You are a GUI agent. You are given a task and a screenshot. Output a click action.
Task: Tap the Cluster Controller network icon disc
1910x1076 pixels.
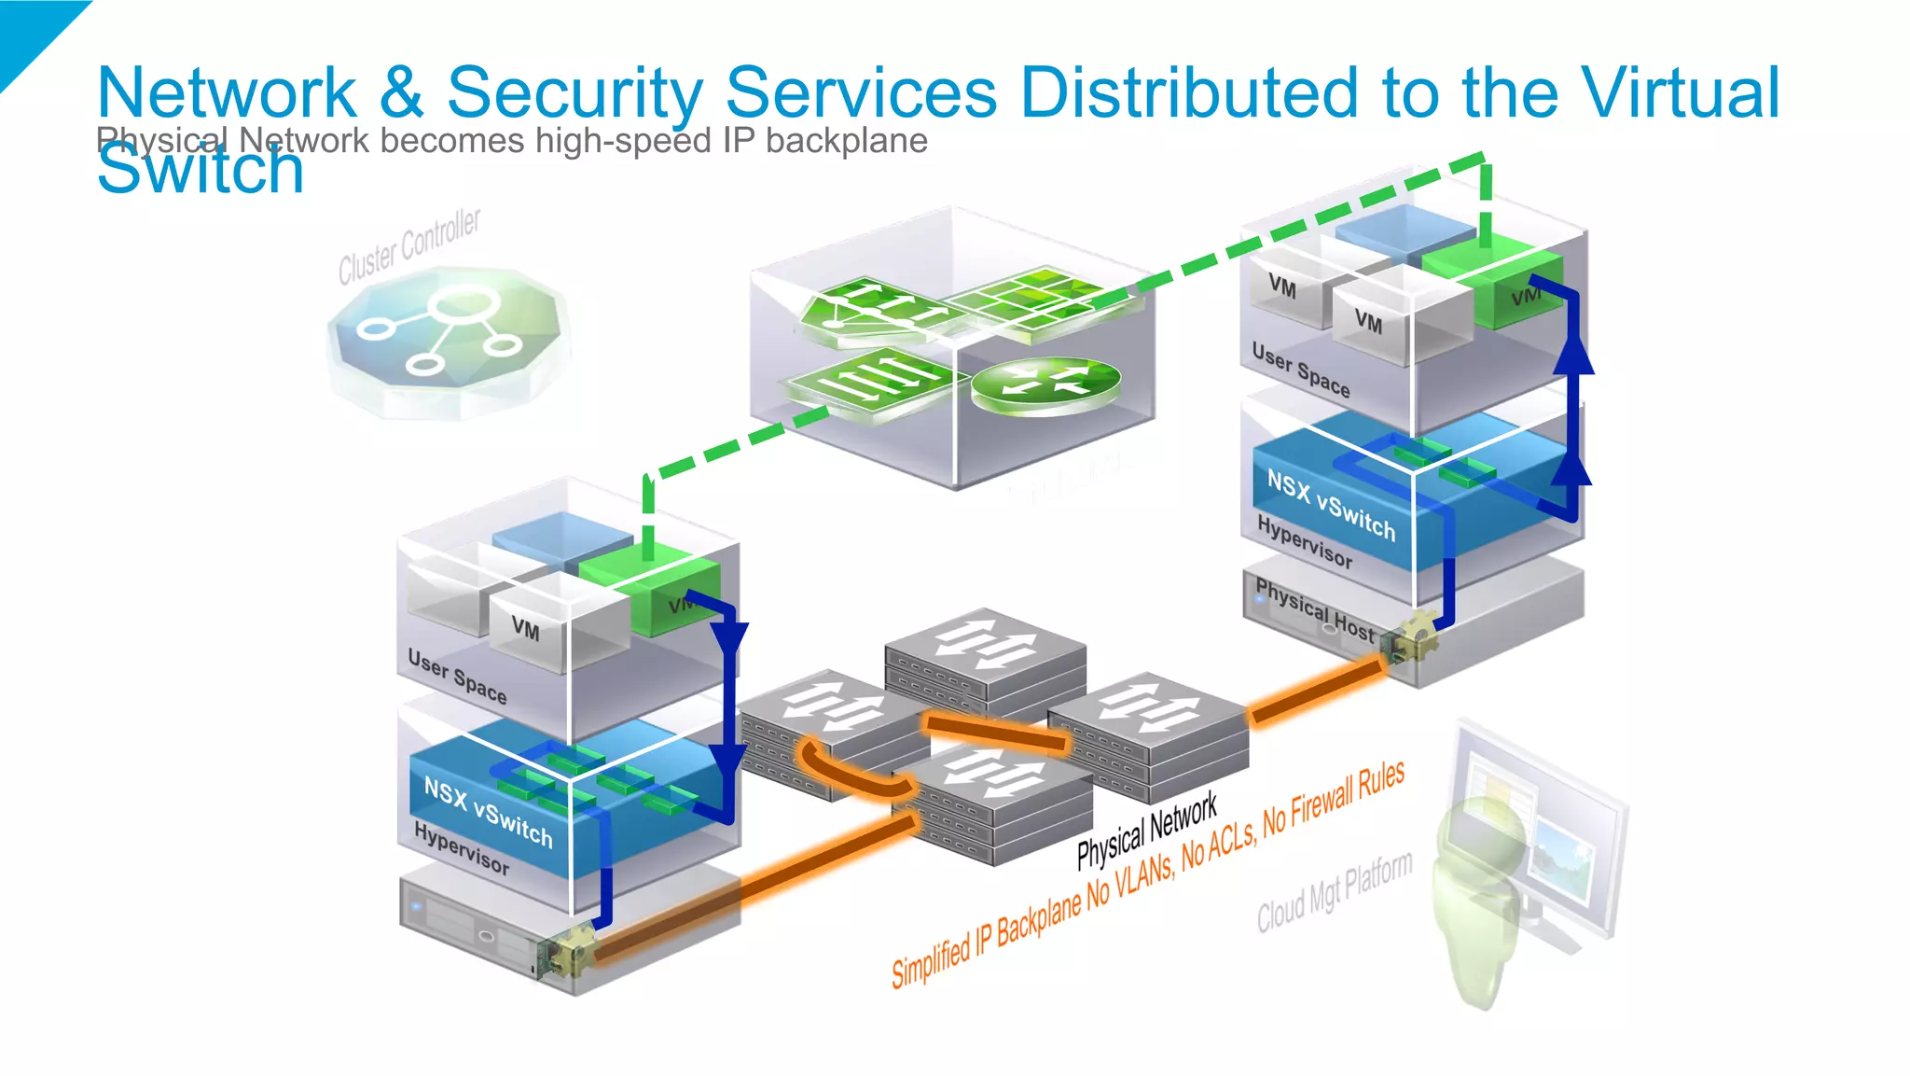(x=449, y=335)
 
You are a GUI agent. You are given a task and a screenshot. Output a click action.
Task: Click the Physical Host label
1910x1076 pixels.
(x=1314, y=609)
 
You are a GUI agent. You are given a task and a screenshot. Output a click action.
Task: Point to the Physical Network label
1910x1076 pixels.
(x=1146, y=830)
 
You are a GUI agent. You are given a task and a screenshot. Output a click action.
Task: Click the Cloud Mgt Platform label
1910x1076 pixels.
(x=1334, y=892)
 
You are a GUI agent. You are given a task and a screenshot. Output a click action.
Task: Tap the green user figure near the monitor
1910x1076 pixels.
(x=1479, y=896)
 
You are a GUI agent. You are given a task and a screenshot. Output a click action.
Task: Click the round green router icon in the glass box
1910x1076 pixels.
(x=1045, y=384)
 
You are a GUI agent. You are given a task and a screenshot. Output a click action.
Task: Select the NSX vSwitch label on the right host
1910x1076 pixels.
(x=1330, y=505)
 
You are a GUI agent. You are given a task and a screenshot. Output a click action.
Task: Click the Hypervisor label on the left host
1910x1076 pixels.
(x=461, y=848)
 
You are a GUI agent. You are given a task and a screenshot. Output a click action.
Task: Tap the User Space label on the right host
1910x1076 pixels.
(x=1300, y=370)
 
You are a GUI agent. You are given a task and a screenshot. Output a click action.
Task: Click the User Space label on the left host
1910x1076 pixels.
(x=457, y=677)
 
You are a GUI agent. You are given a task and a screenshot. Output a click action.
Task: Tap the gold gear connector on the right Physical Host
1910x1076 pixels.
(x=1411, y=637)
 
